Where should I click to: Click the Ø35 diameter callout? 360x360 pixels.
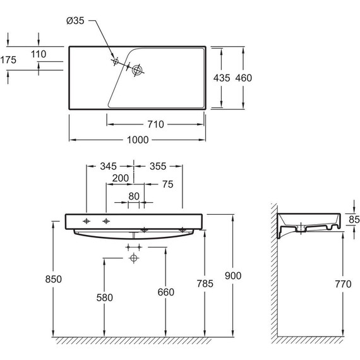(x=75, y=21)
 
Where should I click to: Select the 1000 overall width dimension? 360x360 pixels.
(x=138, y=140)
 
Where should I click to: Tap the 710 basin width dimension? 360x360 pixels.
(x=155, y=124)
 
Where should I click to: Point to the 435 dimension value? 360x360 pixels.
(x=222, y=78)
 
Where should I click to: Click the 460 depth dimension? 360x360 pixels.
(x=244, y=78)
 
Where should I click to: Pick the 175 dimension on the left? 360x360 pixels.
(x=8, y=60)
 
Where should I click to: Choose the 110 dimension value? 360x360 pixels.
(x=39, y=54)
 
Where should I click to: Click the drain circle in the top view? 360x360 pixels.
(x=137, y=70)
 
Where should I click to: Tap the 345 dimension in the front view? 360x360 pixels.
(x=109, y=167)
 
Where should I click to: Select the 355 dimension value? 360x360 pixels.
(x=158, y=167)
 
